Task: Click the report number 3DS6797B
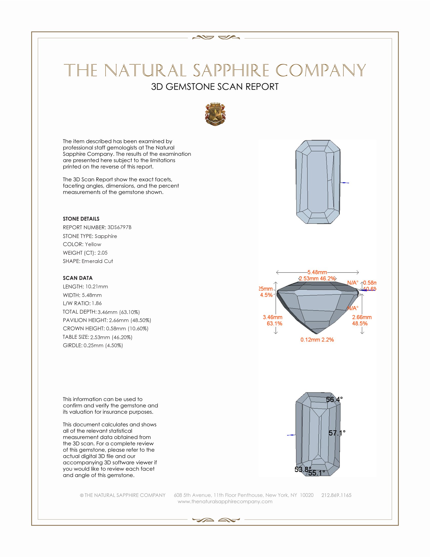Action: (119, 227)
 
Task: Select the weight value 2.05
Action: (102, 253)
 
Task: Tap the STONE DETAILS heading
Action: (81, 219)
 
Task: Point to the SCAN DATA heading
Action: (78, 278)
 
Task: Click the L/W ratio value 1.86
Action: (97, 303)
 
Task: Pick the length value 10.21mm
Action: (97, 287)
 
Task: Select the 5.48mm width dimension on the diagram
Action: (317, 272)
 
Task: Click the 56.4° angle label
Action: (334, 399)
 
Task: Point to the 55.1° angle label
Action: (317, 473)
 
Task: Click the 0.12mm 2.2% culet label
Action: (317, 340)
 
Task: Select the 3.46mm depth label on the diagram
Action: (273, 317)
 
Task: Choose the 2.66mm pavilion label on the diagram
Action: (362, 317)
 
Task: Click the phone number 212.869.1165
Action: (336, 495)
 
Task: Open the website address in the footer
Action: (225, 501)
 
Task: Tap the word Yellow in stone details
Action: (93, 244)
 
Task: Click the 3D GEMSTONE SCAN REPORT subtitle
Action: (215, 87)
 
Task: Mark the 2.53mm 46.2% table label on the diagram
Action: (317, 278)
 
